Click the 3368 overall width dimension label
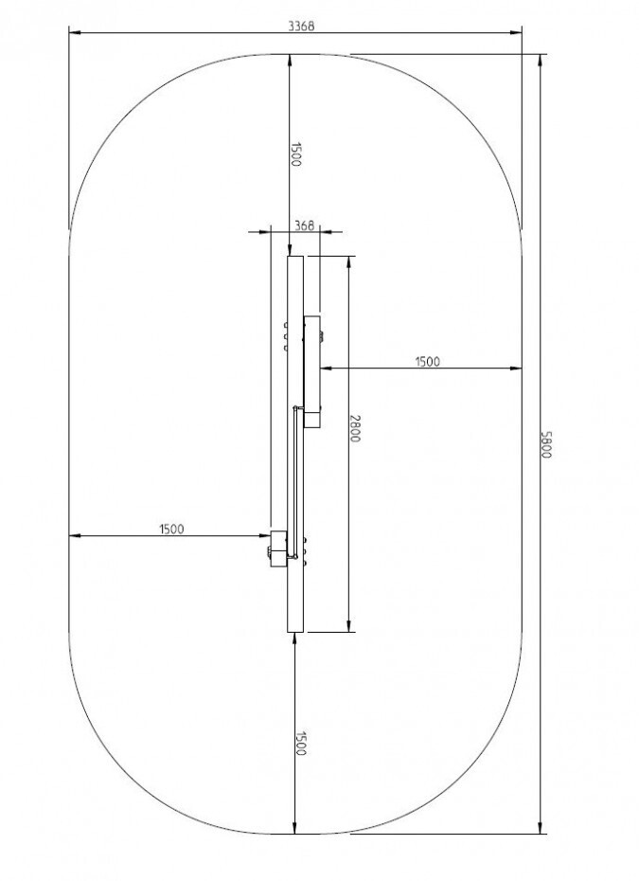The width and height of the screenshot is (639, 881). (x=301, y=26)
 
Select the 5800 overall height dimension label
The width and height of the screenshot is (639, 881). (x=546, y=444)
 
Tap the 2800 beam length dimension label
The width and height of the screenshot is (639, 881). (x=354, y=428)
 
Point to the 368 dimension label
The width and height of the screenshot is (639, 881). (x=304, y=225)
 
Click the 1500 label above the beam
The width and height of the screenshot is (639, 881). (x=296, y=154)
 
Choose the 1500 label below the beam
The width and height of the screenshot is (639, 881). (x=300, y=744)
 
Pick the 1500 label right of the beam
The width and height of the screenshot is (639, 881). (x=427, y=362)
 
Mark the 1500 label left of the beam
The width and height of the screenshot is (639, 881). (x=171, y=529)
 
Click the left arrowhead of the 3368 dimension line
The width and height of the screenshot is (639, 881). (x=75, y=32)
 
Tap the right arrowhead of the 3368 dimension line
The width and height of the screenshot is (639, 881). (x=516, y=32)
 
